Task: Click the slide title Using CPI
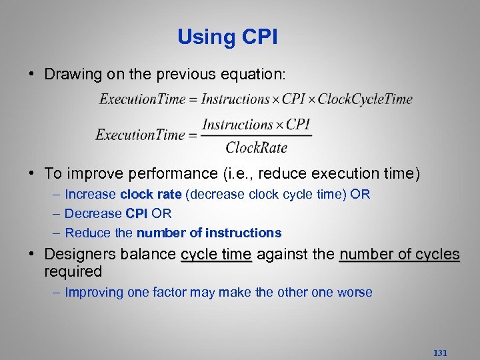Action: pyautogui.click(x=227, y=37)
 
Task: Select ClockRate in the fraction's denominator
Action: pyautogui.click(x=257, y=147)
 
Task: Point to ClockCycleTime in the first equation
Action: pyautogui.click(x=365, y=99)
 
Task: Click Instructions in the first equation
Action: pyautogui.click(x=235, y=99)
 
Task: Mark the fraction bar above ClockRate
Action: pyautogui.click(x=257, y=135)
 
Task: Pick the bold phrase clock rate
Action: pyautogui.click(x=151, y=195)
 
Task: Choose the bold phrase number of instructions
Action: pyautogui.click(x=209, y=233)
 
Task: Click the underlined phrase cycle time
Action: pyautogui.click(x=216, y=254)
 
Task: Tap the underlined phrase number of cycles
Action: pyautogui.click(x=399, y=254)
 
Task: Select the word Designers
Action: pyautogui.click(x=77, y=254)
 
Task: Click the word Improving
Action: pyautogui.click(x=95, y=292)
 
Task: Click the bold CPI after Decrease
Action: pyautogui.click(x=137, y=214)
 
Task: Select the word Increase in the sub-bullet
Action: pyautogui.click(x=91, y=195)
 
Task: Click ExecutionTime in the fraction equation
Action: pyautogui.click(x=140, y=135)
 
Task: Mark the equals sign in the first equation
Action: pyautogui.click(x=193, y=100)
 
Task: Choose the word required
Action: pyautogui.click(x=73, y=271)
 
